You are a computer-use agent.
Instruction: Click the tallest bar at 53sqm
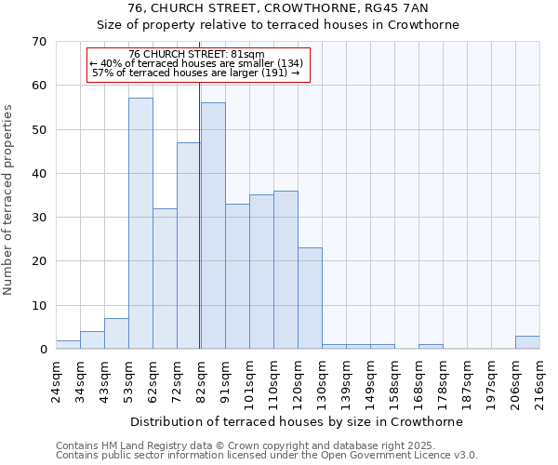click(140, 223)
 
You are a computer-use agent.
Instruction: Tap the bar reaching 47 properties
click(189, 246)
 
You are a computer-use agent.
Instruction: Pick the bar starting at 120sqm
click(310, 299)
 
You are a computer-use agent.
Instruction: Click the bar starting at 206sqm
click(527, 342)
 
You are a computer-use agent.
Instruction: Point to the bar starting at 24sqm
click(68, 345)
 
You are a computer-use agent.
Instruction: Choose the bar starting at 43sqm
click(116, 334)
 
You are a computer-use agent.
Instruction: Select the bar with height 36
click(286, 270)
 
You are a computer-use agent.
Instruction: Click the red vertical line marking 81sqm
click(200, 214)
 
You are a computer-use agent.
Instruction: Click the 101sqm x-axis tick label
click(249, 380)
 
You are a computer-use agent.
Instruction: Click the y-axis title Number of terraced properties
click(9, 200)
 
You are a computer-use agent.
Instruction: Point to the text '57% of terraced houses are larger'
click(196, 73)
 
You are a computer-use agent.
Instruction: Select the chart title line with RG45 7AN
click(278, 8)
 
